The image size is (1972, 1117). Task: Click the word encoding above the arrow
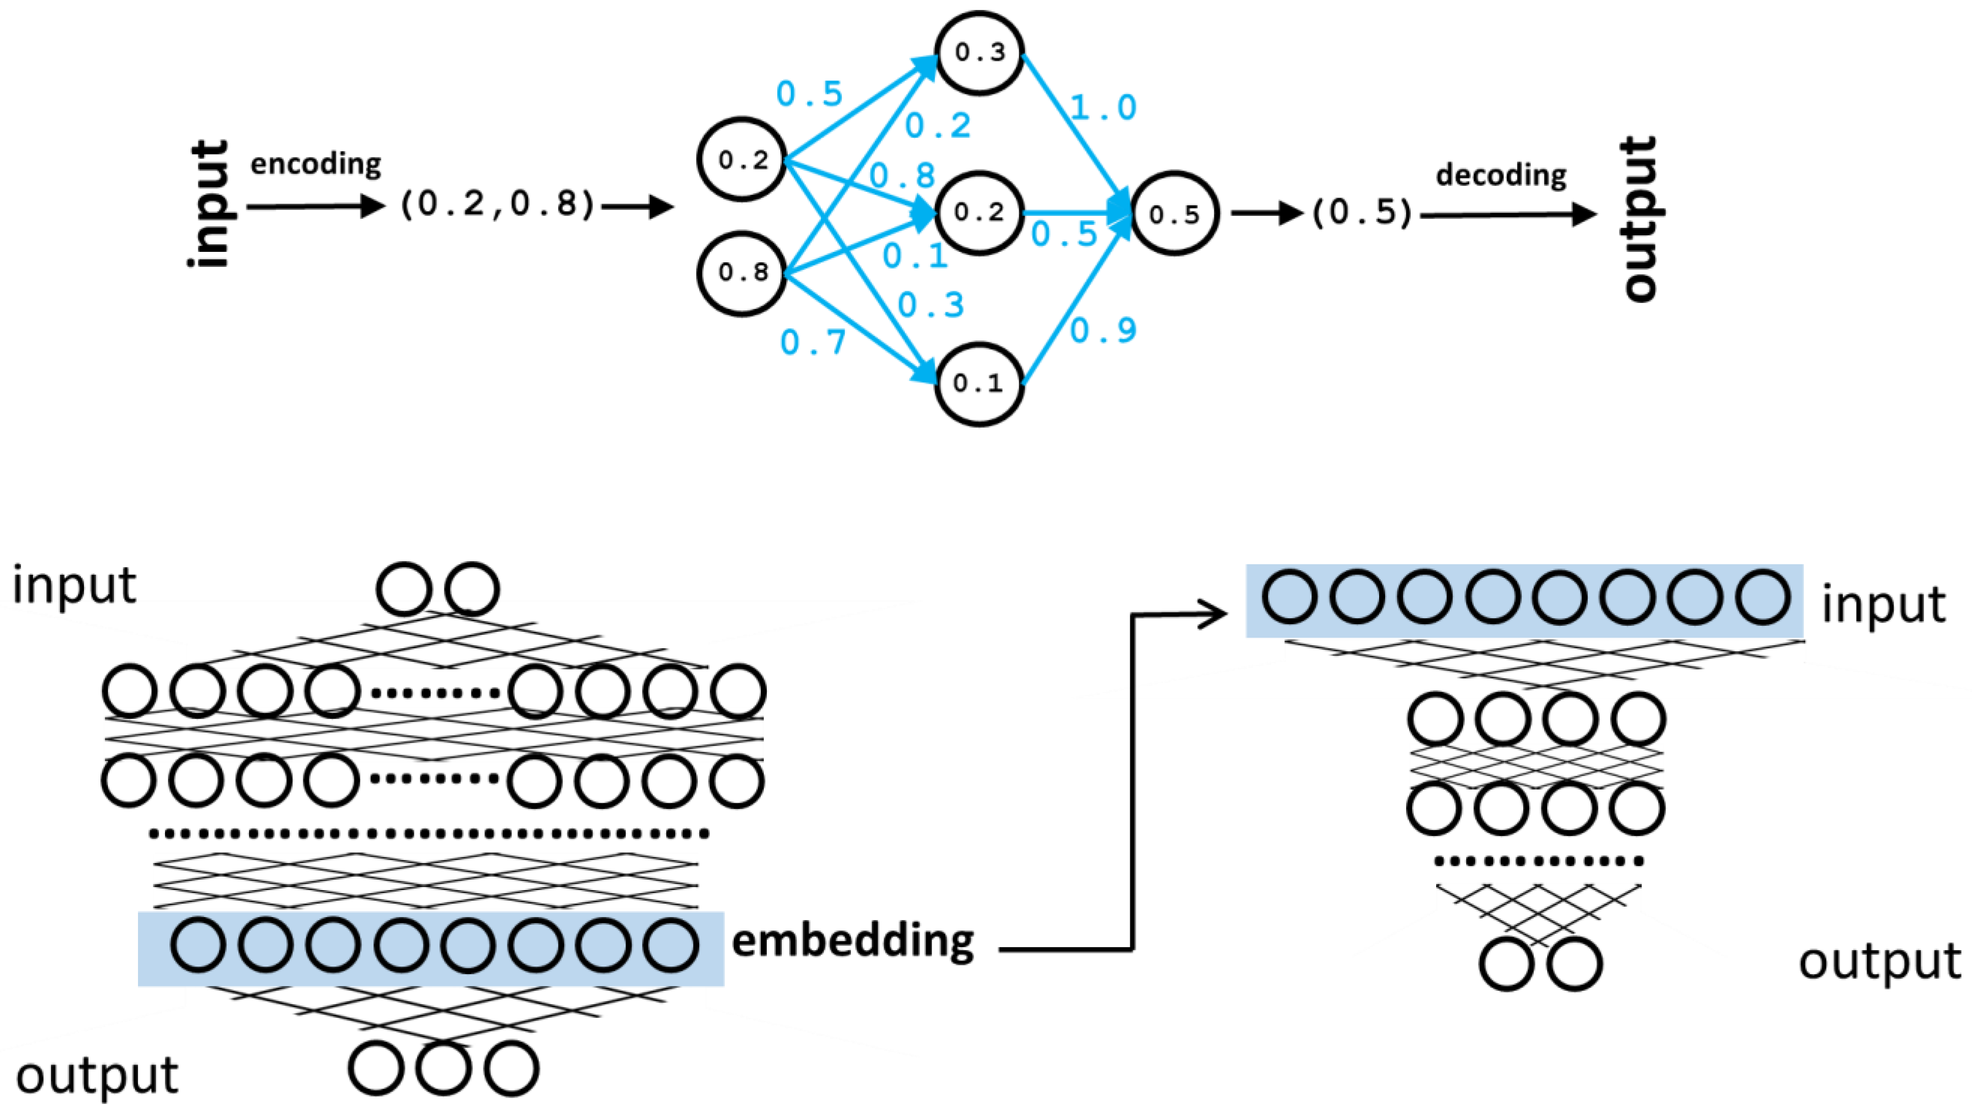tap(315, 164)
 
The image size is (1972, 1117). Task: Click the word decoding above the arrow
tap(1500, 176)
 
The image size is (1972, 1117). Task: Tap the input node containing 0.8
tap(742, 272)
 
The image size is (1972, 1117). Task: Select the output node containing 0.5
tap(1174, 214)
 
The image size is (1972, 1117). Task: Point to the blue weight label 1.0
tap(1103, 107)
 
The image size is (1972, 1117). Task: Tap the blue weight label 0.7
tap(813, 342)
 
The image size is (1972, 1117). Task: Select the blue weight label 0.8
tap(902, 176)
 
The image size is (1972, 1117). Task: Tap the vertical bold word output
tap(1641, 218)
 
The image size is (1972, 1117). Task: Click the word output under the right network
tap(1879, 961)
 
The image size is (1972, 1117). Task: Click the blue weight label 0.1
tap(915, 255)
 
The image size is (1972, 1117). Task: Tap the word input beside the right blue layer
tap(1883, 605)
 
